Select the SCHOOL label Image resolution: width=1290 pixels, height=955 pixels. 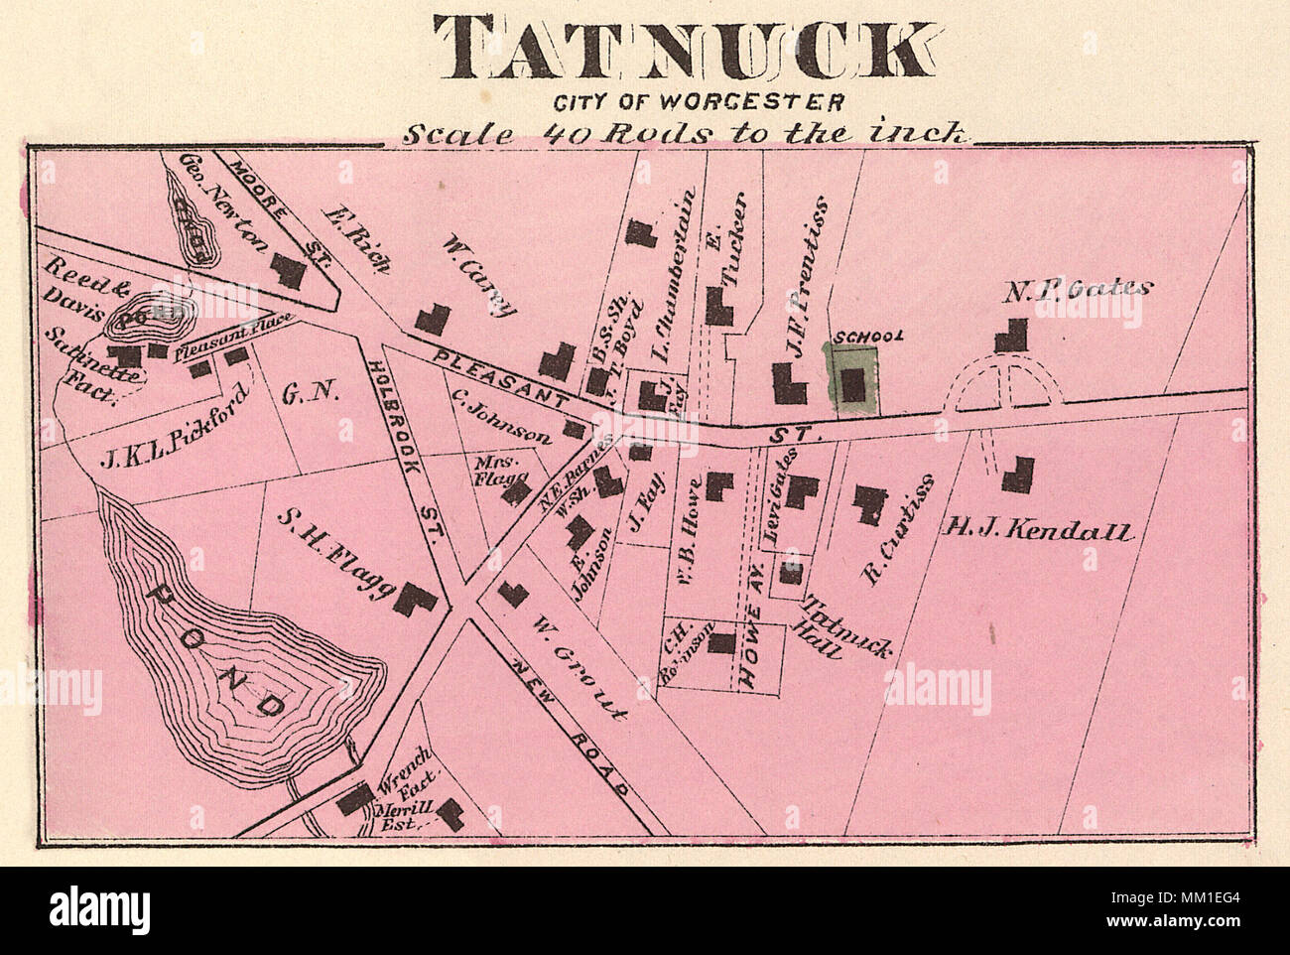click(x=868, y=337)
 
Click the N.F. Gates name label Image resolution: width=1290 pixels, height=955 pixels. click(x=1078, y=289)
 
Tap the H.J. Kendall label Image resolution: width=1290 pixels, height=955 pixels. click(x=1036, y=530)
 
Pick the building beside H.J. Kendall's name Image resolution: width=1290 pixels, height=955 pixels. click(x=1017, y=475)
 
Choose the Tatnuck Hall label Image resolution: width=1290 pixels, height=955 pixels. click(x=845, y=627)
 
